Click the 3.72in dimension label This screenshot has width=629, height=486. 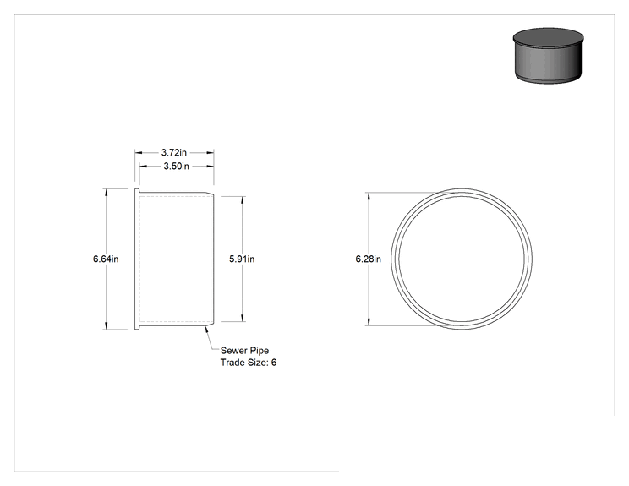point(173,152)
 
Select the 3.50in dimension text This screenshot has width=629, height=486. point(176,166)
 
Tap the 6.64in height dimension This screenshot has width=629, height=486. point(106,259)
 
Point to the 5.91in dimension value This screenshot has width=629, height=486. point(242,259)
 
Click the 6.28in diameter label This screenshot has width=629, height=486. point(369,259)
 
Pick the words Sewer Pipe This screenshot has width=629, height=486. point(244,351)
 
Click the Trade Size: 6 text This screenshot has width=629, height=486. point(249,363)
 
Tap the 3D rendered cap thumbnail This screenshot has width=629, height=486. point(548,55)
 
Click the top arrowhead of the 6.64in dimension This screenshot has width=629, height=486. point(107,193)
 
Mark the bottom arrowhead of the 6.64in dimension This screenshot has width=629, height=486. point(107,325)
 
